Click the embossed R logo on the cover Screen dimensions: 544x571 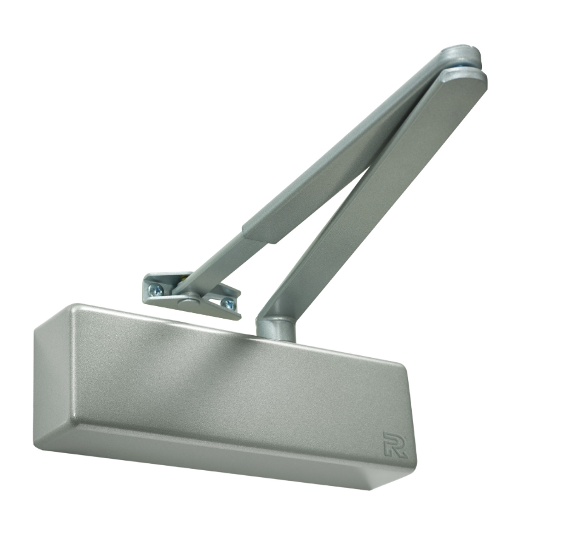tap(395, 444)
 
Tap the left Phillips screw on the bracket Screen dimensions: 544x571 tap(157, 289)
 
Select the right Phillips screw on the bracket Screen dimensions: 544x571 tap(229, 304)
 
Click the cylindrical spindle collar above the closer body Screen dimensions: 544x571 tap(276, 328)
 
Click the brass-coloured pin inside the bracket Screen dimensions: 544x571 tap(184, 277)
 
